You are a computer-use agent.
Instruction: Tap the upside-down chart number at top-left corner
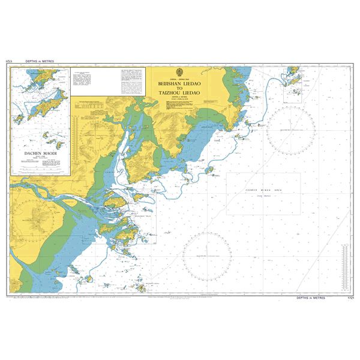pyautogui.click(x=9, y=62)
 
